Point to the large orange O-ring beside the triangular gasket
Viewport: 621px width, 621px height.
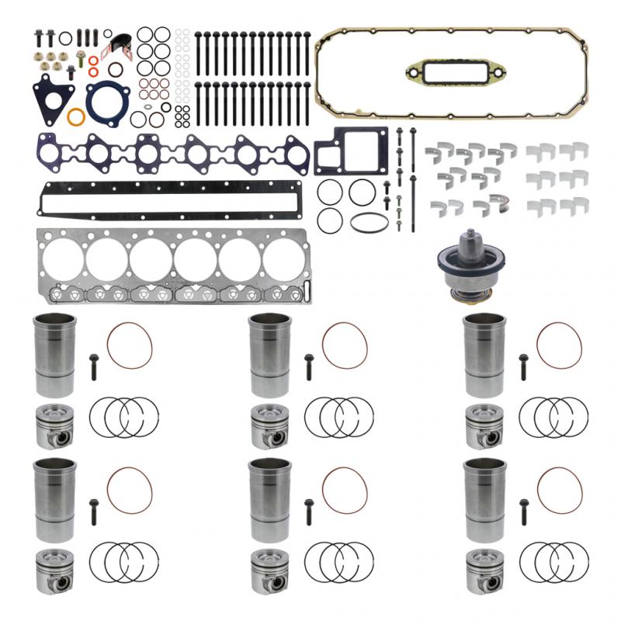pyautogui.click(x=76, y=117)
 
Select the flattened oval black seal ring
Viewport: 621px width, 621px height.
pyautogui.click(x=369, y=222)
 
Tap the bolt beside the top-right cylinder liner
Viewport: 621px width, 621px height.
pyautogui.click(x=523, y=366)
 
